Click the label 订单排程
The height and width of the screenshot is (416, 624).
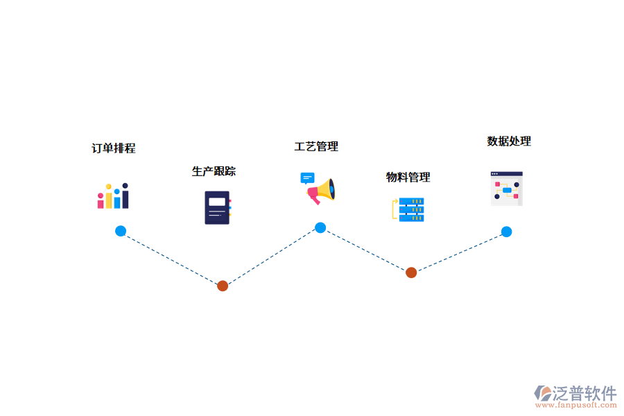click(x=114, y=148)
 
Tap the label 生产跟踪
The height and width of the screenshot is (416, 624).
click(x=214, y=171)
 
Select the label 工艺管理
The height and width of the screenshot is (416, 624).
click(x=316, y=146)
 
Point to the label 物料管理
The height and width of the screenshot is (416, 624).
click(x=408, y=177)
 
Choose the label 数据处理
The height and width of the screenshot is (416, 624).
click(x=509, y=141)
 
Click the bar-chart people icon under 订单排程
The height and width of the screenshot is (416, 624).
click(x=113, y=196)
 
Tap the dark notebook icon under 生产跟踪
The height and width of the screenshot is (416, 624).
click(x=217, y=207)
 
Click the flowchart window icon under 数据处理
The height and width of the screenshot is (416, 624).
click(x=506, y=189)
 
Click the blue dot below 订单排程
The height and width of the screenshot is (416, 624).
click(x=121, y=231)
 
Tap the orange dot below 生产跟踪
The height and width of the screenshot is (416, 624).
click(x=223, y=286)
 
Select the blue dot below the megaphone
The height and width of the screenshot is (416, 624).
click(x=320, y=227)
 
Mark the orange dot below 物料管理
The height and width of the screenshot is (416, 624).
click(x=411, y=272)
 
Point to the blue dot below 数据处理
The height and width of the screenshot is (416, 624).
click(x=507, y=232)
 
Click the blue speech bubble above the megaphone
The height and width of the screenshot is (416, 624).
click(x=307, y=178)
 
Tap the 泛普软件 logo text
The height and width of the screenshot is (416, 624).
click(x=584, y=393)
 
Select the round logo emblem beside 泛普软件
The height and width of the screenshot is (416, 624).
click(x=543, y=394)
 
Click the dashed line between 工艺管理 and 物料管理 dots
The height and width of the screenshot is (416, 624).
click(x=365, y=250)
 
